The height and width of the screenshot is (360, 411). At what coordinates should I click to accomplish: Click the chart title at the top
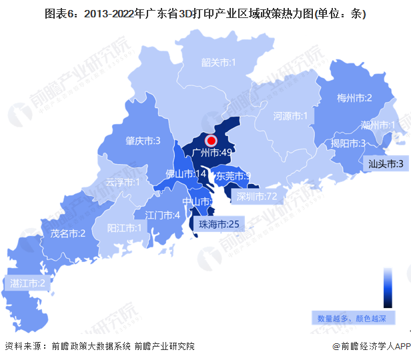(x=205, y=13)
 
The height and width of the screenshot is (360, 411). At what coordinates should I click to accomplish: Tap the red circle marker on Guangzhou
(x=212, y=141)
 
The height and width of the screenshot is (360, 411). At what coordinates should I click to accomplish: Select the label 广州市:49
(x=211, y=153)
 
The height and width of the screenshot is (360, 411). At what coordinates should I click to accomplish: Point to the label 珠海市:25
(x=218, y=225)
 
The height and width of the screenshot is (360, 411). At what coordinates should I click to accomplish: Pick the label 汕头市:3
(x=386, y=163)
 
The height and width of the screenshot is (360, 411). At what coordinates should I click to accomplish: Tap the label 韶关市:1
(x=220, y=63)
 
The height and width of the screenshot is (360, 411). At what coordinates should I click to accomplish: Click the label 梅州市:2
(x=354, y=98)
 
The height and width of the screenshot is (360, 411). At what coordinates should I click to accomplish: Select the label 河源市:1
(x=290, y=117)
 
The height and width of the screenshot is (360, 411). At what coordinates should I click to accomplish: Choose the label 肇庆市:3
(x=143, y=141)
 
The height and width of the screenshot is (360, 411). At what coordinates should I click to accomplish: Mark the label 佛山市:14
(x=185, y=174)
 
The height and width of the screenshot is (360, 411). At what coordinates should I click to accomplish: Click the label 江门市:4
(x=163, y=215)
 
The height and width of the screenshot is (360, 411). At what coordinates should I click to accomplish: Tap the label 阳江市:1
(x=125, y=227)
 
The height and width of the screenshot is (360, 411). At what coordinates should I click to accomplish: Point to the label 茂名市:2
(x=67, y=233)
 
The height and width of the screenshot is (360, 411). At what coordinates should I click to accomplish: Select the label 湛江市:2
(x=27, y=283)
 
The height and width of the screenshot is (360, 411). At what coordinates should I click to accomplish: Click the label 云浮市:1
(x=123, y=182)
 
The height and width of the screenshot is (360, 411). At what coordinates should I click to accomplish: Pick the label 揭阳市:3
(x=348, y=143)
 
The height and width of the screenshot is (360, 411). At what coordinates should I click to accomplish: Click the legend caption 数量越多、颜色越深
(x=356, y=318)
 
